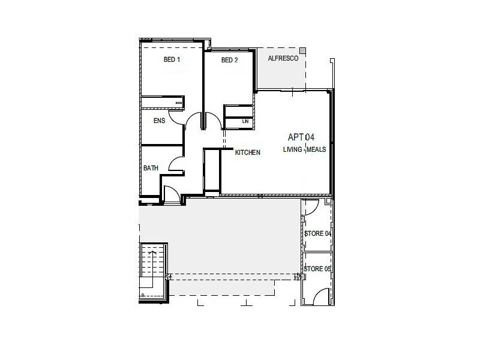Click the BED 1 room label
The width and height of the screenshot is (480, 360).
pos(172,60)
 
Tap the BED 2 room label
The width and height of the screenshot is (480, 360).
pos(230,60)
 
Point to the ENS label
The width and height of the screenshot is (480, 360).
pos(159,121)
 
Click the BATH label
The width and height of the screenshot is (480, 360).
pos(151,169)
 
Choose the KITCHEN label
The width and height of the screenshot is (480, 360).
pos(247,152)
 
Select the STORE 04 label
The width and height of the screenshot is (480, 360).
pos(317,233)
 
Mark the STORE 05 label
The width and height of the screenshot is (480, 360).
pos(317,269)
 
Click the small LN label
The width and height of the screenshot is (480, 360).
pos(245,122)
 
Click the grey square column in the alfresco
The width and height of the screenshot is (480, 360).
pos(303,50)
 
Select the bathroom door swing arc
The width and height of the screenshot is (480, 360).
pos(176,163)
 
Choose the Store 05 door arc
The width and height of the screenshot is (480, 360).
pos(321,294)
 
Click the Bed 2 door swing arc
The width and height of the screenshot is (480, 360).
pos(211,120)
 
